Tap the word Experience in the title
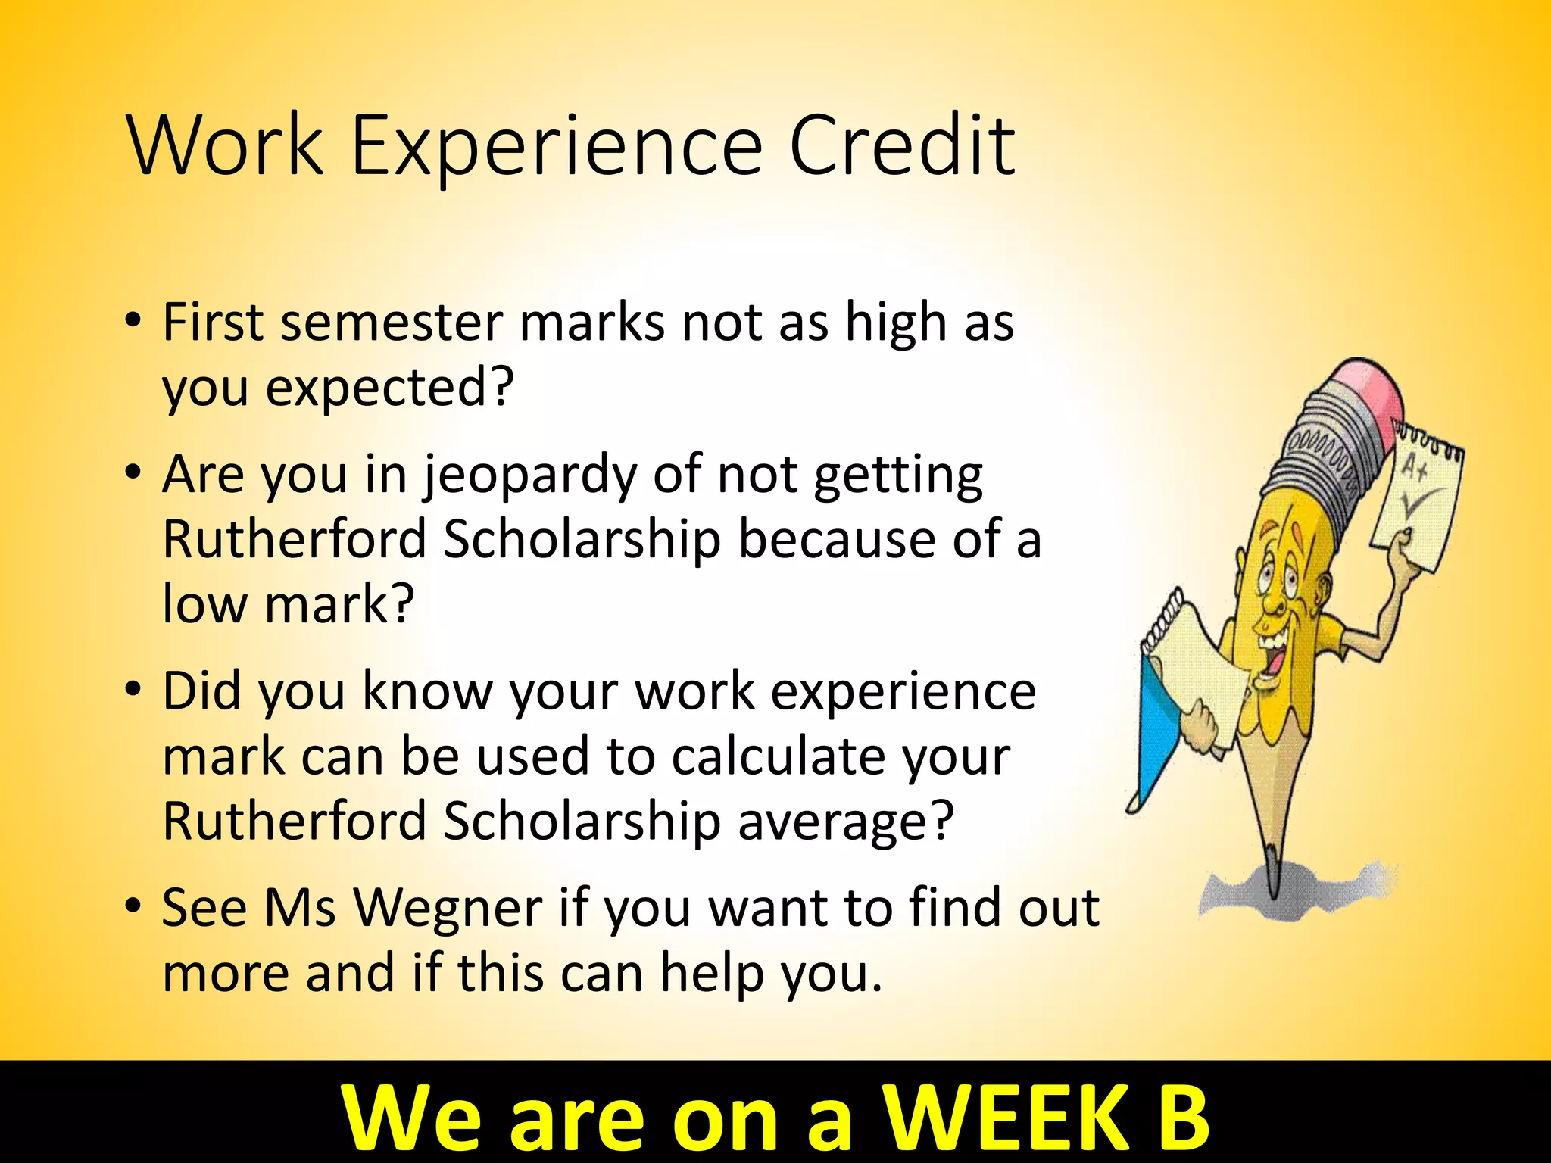point(555,148)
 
